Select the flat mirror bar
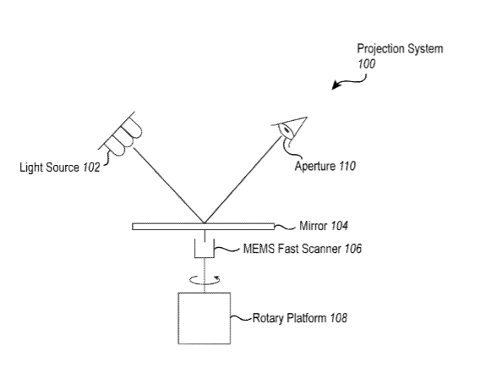coord(204,227)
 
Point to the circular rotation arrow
coord(204,280)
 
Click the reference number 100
coord(367,63)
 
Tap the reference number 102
coord(91,168)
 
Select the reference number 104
coord(340,226)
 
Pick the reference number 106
coord(353,249)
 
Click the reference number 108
coord(338,318)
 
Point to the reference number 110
coord(347,166)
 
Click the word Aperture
coord(315,167)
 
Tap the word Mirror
coord(313,226)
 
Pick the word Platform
coord(307,318)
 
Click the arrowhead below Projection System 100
coord(335,85)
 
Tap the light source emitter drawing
coord(121,134)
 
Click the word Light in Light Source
coord(29,168)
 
